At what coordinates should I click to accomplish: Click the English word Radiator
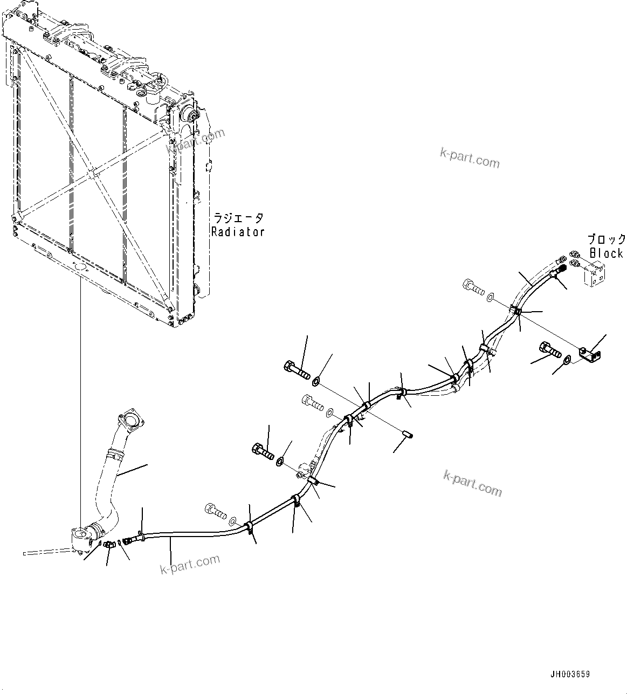coord(238,232)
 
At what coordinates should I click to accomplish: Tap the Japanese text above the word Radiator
coord(238,218)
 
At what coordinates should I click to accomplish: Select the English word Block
coord(607,253)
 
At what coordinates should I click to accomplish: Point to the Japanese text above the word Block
coord(607,239)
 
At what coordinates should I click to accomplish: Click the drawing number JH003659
coord(570,674)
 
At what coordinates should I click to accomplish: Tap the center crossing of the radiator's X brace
coord(93,175)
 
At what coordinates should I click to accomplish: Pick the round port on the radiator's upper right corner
coord(190,114)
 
